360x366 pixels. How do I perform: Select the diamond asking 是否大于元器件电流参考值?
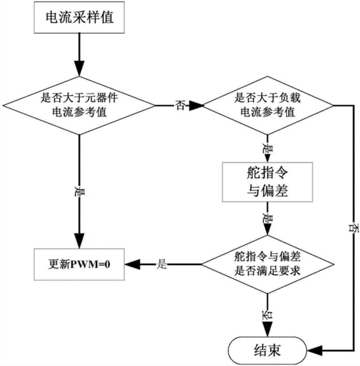coord(78,107)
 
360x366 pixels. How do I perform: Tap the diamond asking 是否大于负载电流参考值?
coord(267,107)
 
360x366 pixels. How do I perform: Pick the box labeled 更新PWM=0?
coord(80,263)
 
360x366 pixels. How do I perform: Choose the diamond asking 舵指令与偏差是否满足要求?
coord(267,263)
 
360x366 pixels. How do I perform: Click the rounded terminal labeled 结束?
coord(266,348)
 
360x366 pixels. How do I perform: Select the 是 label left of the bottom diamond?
coord(162,263)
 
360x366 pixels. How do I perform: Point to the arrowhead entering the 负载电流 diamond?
coord(198,107)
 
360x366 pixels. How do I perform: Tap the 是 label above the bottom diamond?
coord(267,219)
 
